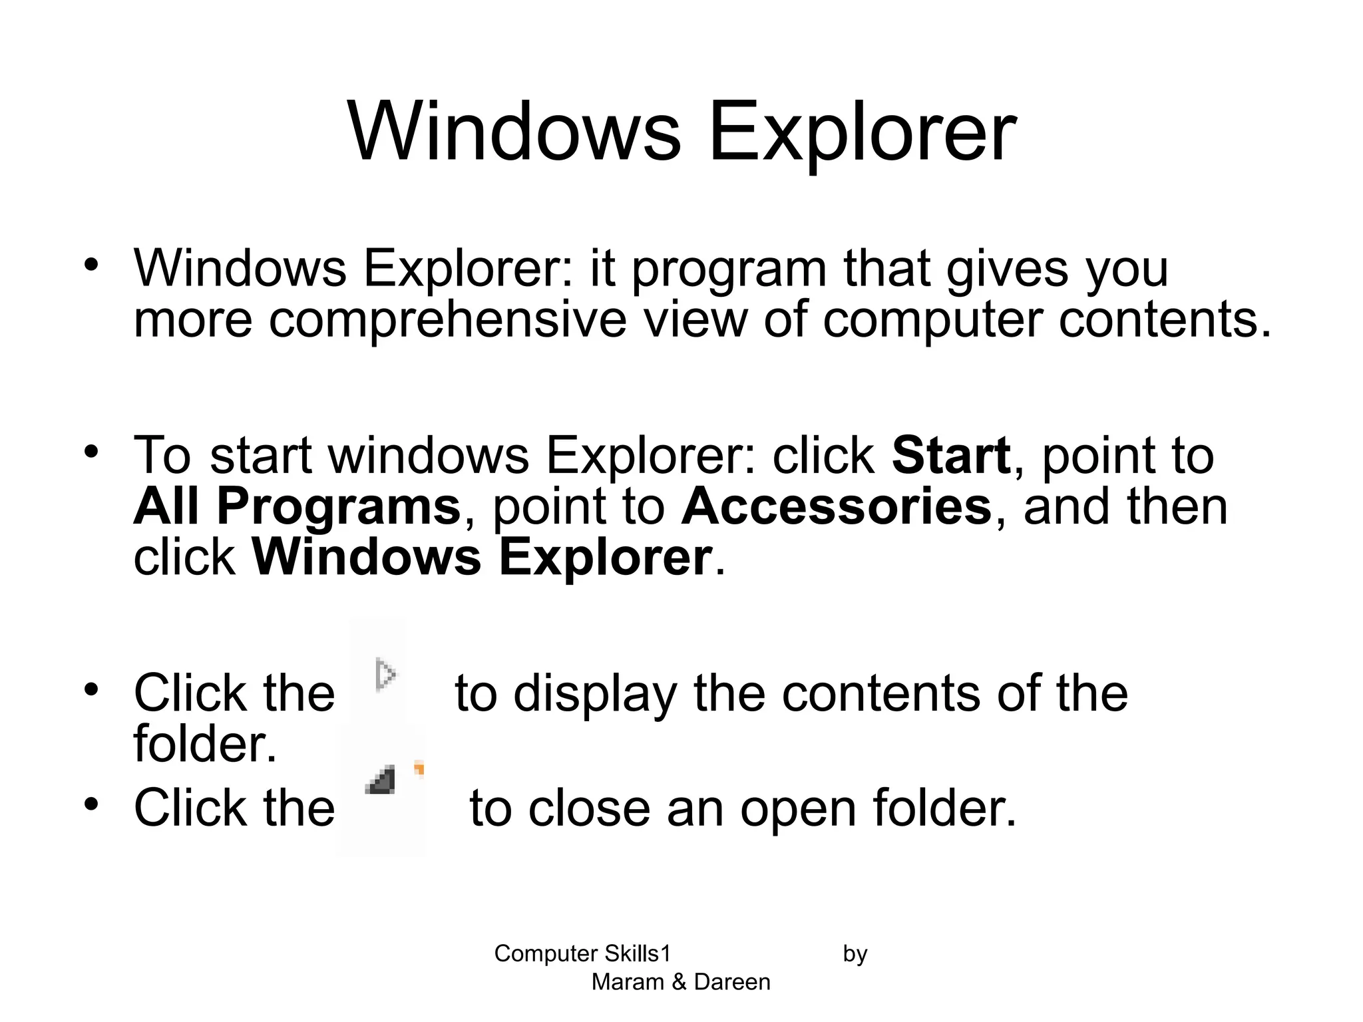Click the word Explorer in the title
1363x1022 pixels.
pos(862,131)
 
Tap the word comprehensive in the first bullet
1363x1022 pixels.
pos(447,320)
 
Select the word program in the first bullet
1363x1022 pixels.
pos(729,269)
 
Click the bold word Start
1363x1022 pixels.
pos(950,456)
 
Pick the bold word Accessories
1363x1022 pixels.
pos(836,506)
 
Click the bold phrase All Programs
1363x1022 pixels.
pos(297,506)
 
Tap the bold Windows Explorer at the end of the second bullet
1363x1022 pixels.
pos(482,557)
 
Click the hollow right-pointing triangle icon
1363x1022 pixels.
pos(385,675)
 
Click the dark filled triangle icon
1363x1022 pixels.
pos(381,780)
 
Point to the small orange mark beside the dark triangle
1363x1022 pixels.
pos(419,769)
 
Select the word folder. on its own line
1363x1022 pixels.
pos(204,743)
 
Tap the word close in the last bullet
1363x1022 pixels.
pos(589,808)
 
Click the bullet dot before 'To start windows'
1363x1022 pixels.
pos(91,452)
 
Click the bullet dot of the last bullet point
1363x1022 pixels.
pos(91,804)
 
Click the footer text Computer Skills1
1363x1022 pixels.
pos(582,953)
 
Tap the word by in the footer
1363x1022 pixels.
pos(855,954)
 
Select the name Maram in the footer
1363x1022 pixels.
pos(627,982)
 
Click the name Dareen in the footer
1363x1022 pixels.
pos(732,982)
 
